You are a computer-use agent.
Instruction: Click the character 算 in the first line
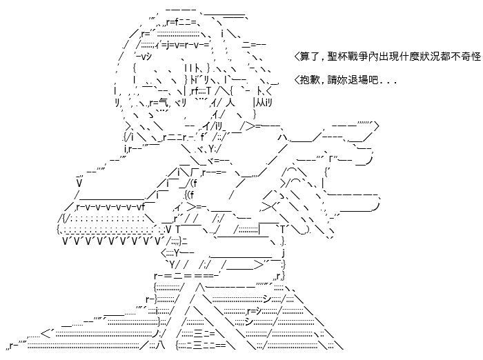[304, 57]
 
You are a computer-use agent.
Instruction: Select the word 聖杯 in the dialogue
[337, 57]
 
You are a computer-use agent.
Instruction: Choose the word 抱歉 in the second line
[310, 80]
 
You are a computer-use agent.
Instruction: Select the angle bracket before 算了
[297, 57]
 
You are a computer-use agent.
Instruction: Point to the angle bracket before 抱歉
[297, 80]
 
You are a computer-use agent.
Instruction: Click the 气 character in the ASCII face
[164, 103]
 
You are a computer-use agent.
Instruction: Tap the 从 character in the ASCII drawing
[261, 103]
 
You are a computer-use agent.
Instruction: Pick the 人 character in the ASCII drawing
[230, 103]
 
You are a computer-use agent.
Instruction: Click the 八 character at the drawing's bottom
[160, 345]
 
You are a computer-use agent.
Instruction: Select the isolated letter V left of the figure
[79, 183]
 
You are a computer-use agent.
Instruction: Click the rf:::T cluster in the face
[201, 91]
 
